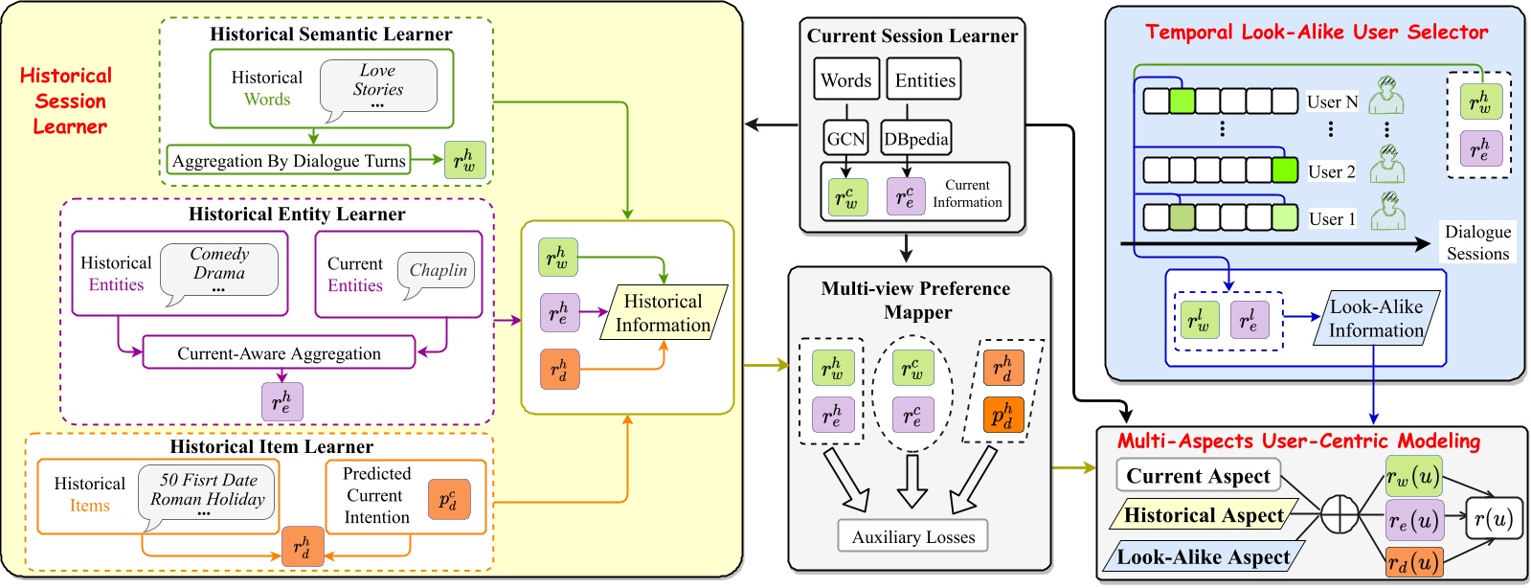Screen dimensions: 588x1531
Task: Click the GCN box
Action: (846, 140)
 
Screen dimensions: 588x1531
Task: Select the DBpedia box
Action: (916, 140)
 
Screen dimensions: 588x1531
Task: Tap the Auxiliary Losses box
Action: (912, 537)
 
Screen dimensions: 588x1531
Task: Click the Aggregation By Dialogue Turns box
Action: (288, 161)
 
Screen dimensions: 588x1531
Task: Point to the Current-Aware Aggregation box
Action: (279, 353)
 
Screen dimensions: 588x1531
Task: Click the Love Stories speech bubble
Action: (378, 86)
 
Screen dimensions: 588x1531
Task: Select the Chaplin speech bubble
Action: (439, 271)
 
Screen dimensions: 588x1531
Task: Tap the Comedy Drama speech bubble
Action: (219, 269)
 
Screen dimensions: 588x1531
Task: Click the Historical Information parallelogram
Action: (664, 313)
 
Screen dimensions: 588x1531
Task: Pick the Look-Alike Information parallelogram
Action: (1376, 319)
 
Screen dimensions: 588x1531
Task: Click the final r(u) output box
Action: (1493, 519)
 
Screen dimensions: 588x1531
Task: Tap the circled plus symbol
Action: (1340, 515)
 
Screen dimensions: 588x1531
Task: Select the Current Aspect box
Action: (1198, 476)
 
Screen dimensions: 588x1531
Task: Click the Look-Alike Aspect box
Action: (1204, 557)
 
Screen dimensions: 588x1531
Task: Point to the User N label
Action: (1332, 102)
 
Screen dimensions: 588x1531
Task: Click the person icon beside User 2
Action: (1386, 166)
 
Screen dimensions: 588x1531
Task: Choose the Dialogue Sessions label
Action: (1477, 242)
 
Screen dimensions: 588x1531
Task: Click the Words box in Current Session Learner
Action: (845, 80)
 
